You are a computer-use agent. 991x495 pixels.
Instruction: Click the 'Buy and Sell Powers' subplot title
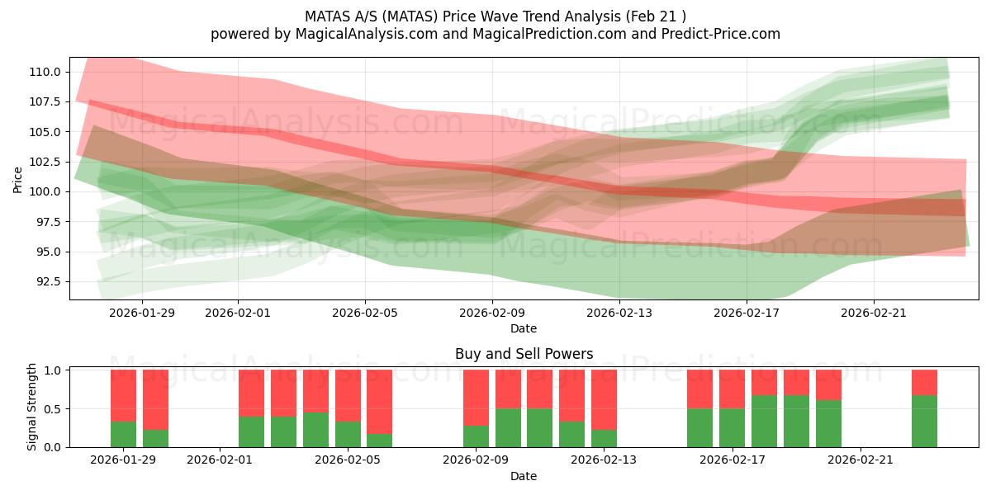524,354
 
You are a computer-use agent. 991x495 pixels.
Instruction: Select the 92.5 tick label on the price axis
46,281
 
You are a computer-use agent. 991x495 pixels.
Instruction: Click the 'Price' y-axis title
18,179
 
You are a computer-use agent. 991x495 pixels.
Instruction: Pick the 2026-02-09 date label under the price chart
492,313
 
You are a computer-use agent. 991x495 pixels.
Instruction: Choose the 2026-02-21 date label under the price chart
874,313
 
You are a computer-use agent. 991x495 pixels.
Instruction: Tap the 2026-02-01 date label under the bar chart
220,460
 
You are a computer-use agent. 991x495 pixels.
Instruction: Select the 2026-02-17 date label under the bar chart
732,460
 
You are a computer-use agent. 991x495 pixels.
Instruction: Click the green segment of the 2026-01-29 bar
123,434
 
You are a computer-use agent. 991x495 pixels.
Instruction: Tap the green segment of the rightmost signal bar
924,421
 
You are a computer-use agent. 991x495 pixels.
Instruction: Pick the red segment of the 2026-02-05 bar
348,395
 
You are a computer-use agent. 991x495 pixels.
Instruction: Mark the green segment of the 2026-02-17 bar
732,427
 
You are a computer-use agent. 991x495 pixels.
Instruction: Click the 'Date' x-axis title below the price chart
524,328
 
